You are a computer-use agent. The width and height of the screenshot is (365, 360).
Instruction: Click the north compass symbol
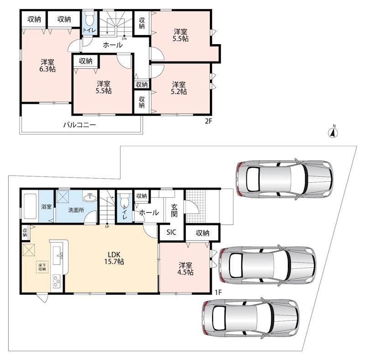pos(334,132)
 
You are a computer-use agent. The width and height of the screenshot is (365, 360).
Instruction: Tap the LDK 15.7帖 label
pos(114,258)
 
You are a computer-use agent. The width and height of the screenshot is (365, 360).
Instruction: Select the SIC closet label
pos(172,232)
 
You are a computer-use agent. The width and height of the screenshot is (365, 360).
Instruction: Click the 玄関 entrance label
pos(174,211)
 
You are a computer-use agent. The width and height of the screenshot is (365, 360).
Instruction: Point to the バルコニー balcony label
pos(79,125)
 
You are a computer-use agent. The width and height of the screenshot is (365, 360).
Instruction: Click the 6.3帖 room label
pos(47,66)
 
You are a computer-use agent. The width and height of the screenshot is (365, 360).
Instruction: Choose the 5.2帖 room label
pos(179,88)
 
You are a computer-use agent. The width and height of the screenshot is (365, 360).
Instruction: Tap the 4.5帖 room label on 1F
pos(185,269)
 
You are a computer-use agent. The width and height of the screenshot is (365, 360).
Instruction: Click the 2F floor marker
pos(209,121)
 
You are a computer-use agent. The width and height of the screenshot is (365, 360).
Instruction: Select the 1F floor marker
pos(218,293)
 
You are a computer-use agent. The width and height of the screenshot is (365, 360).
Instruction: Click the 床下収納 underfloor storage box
pos(42,267)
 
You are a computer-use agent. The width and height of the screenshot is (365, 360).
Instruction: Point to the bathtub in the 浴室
pos(30,206)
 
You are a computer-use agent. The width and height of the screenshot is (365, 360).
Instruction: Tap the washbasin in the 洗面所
pos(89,197)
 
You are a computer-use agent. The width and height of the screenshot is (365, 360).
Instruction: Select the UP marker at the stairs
pos(107,226)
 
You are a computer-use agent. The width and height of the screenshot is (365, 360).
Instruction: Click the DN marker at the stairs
pos(124,38)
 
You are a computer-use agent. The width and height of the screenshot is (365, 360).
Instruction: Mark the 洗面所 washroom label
pos(76,210)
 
